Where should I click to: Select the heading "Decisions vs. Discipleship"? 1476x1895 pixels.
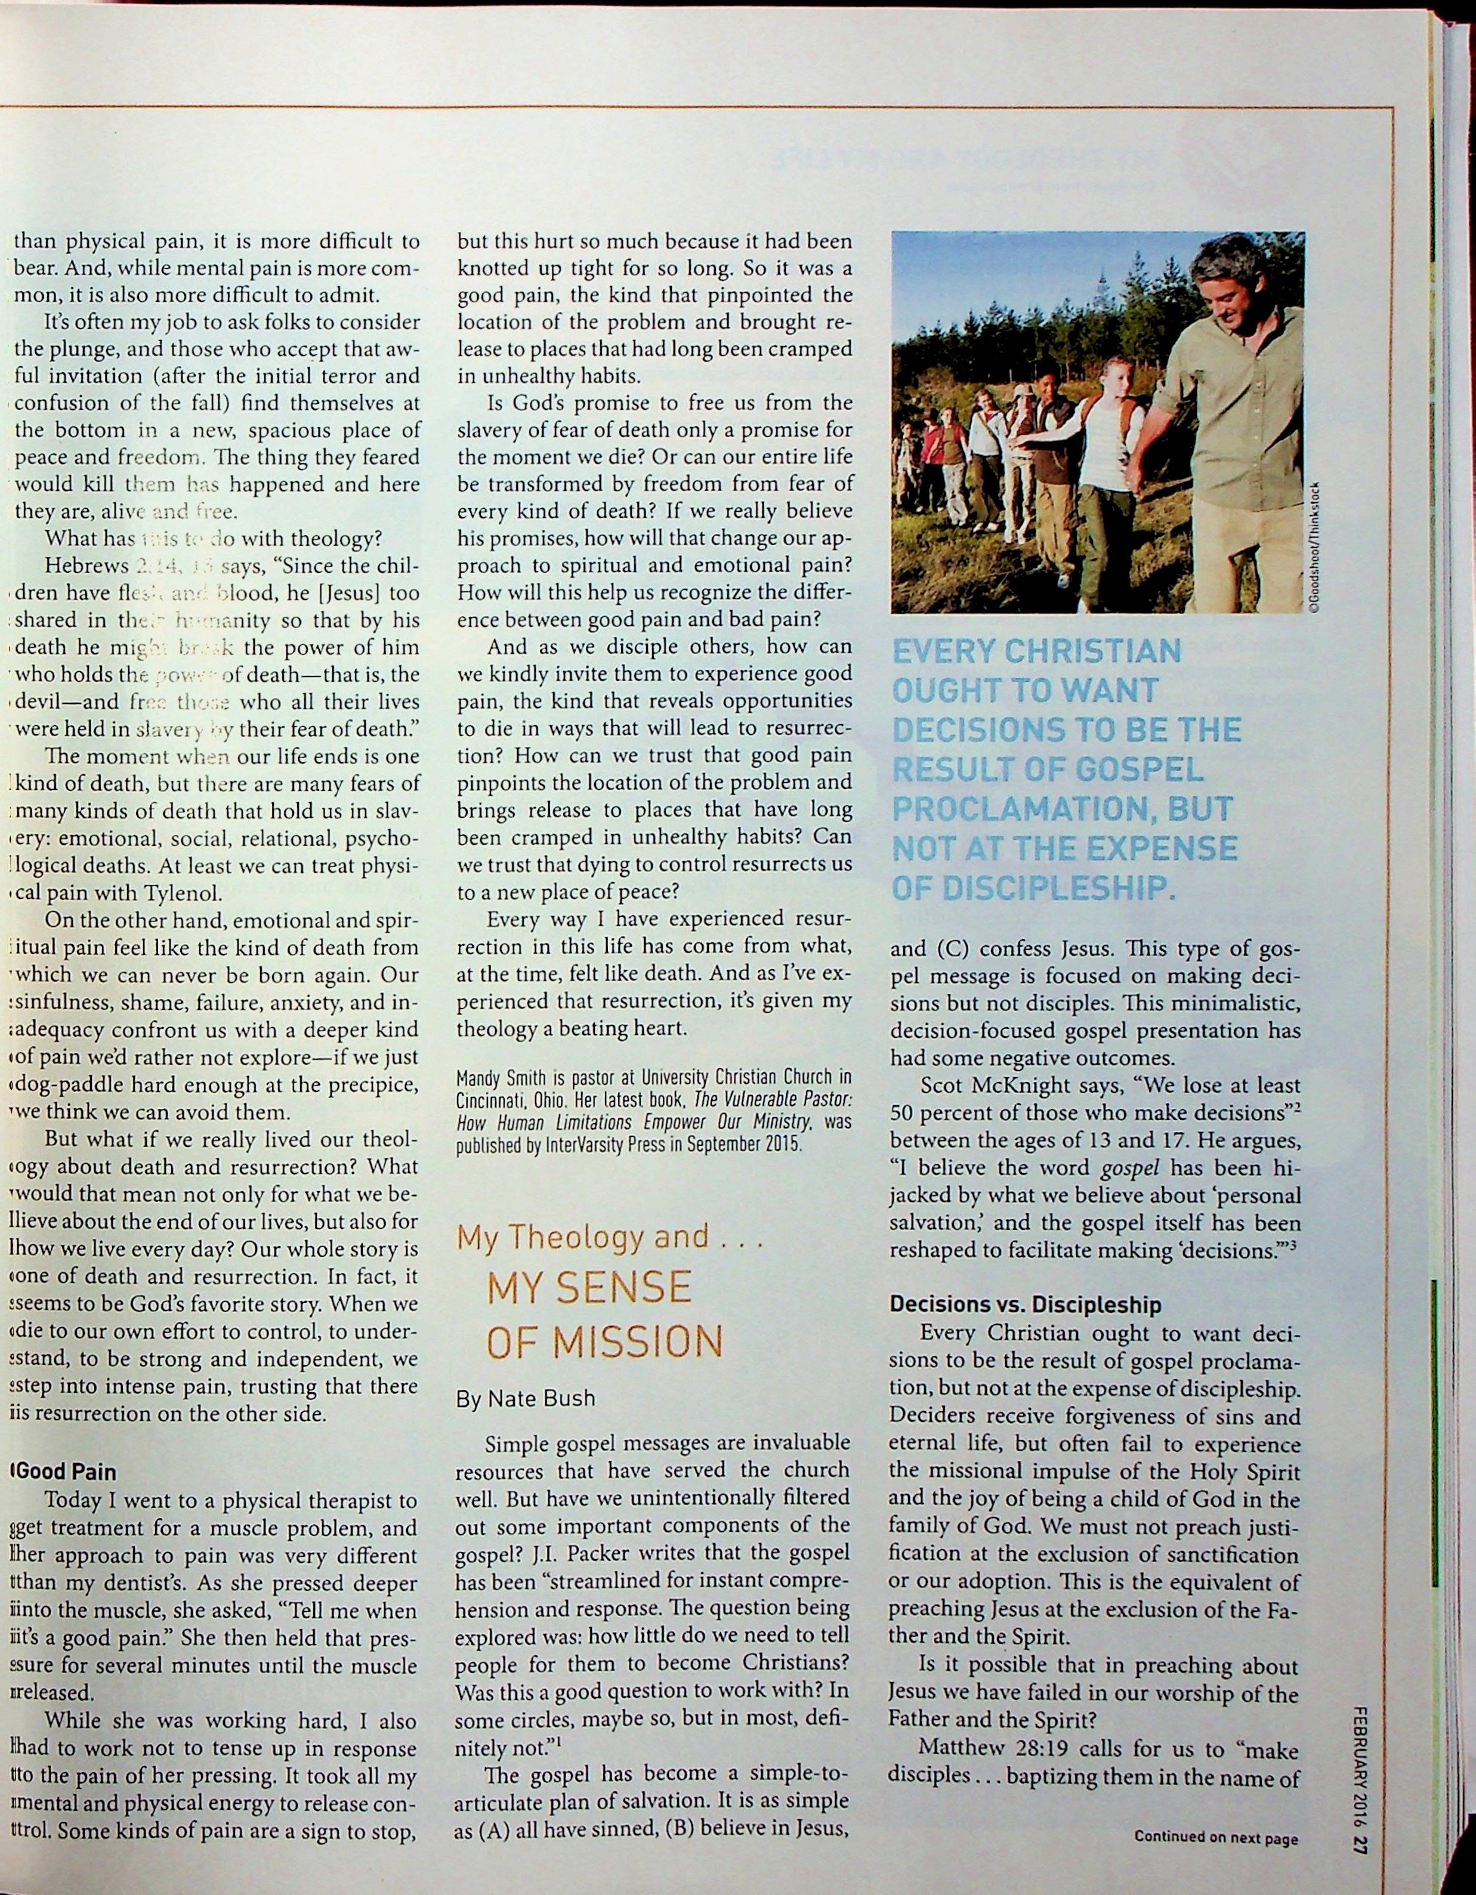(1025, 1304)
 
